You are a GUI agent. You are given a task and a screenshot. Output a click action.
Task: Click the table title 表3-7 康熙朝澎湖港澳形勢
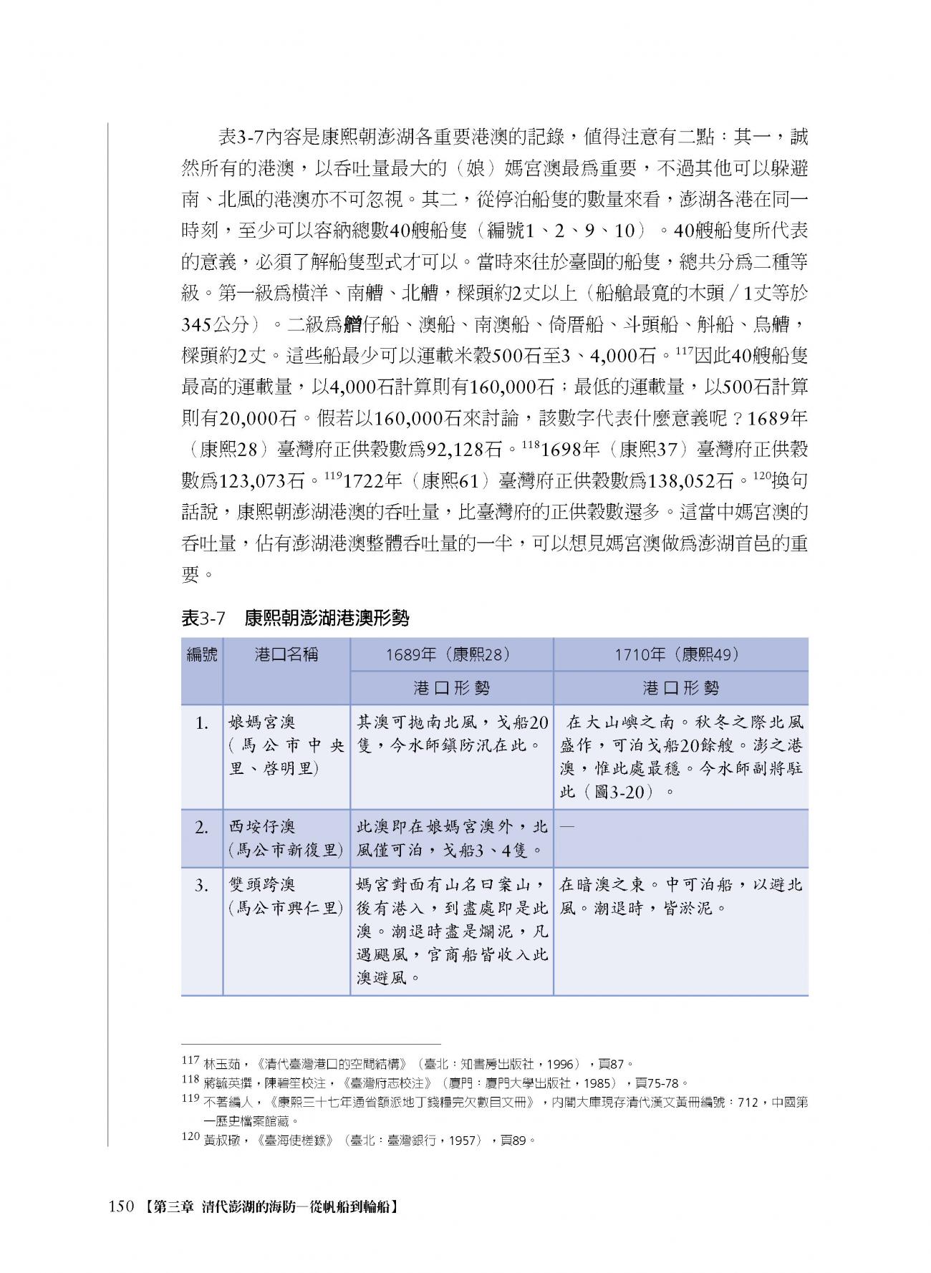coord(294,618)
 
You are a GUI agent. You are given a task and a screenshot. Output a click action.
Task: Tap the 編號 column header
coord(202,654)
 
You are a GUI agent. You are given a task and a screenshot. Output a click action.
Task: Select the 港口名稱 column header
coord(286,654)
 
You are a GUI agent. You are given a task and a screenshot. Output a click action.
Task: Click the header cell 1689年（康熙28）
coord(451,654)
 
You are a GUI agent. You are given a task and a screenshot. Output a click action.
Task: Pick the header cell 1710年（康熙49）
coord(680,654)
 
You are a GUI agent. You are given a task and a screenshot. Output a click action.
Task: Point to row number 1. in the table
coord(203,723)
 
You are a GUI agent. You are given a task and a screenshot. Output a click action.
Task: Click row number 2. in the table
coord(203,828)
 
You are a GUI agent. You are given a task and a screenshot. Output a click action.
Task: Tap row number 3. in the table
coord(203,886)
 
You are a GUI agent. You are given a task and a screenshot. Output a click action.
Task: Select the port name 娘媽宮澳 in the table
coord(261,722)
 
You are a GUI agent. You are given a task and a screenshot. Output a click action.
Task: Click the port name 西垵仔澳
coord(261,827)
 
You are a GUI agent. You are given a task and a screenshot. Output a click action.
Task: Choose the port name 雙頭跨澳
coord(261,885)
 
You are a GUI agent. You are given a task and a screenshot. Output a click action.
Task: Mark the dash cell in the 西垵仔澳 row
coord(566,827)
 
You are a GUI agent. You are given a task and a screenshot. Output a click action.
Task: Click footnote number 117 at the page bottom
coord(190,1061)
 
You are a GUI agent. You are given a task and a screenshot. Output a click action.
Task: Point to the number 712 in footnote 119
coord(747,1103)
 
